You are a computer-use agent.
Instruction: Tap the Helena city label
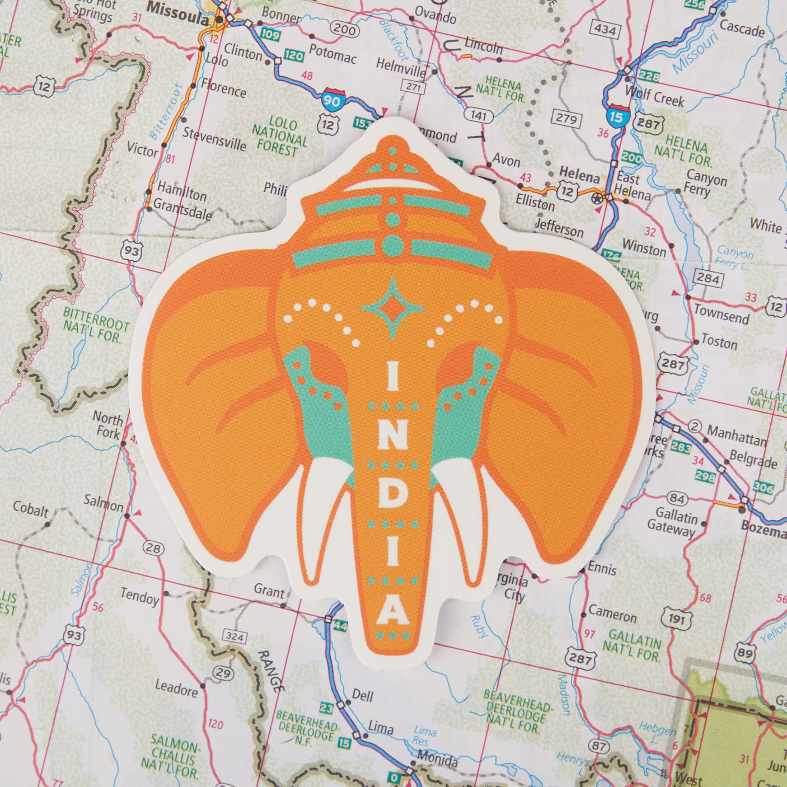pos(579,175)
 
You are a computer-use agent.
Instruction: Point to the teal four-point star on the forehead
pos(392,308)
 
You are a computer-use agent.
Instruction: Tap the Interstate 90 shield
pos(333,100)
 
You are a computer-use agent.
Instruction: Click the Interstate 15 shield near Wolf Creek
pos(616,116)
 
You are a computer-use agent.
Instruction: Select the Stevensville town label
pos(214,138)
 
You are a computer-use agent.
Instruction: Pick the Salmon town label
pos(103,502)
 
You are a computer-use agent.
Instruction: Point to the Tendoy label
pos(139,596)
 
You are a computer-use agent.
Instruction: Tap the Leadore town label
pos(176,688)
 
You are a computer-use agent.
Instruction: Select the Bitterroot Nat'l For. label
pos(92,325)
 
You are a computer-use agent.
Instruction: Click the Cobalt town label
pos(30,509)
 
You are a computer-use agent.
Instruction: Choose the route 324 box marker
pos(235,636)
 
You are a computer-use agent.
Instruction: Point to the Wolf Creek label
pos(654,97)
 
